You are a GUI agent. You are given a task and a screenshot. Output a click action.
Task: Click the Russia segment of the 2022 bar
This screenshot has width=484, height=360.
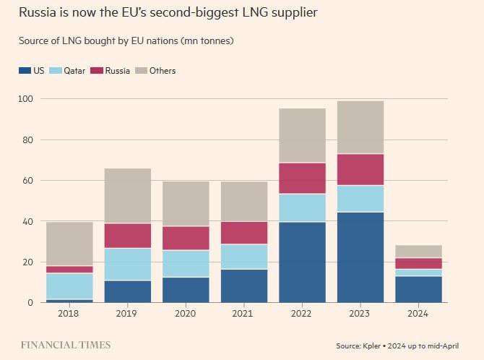302,178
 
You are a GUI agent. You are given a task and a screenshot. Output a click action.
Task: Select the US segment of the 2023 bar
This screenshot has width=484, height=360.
360,257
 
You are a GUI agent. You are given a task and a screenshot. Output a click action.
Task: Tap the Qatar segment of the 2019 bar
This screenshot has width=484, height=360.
127,264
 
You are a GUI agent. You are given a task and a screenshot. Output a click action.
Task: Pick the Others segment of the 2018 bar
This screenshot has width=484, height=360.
69,244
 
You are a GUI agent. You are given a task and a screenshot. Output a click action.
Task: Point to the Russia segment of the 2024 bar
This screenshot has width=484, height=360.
419,263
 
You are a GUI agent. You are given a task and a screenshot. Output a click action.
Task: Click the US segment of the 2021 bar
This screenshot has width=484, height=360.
244,286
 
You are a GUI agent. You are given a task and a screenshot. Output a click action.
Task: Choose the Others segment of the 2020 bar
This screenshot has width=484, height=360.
186,204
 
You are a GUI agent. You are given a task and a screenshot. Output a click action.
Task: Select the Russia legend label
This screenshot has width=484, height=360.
118,71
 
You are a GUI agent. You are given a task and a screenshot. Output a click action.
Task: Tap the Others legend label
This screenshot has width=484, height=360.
163,71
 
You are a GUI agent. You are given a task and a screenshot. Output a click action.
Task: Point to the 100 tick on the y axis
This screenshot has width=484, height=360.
26,98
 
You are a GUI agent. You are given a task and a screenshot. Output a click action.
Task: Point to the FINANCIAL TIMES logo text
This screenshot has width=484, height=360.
65,345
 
